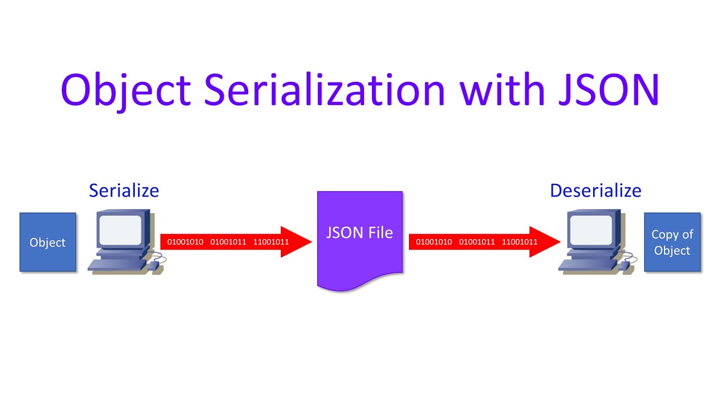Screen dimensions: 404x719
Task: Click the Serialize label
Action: pyautogui.click(x=124, y=191)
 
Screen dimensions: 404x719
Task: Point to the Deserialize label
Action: pyautogui.click(x=595, y=191)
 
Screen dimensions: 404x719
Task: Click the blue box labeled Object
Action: pyautogui.click(x=48, y=242)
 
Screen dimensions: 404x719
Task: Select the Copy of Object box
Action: pyautogui.click(x=672, y=242)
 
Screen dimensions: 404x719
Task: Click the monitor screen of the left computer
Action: pyautogui.click(x=120, y=231)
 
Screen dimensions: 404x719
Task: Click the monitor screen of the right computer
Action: pyautogui.click(x=590, y=231)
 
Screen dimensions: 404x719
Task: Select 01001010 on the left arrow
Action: pyautogui.click(x=185, y=242)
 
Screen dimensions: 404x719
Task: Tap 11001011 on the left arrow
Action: pyautogui.click(x=271, y=242)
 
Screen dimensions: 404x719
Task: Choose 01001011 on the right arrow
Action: pyautogui.click(x=477, y=242)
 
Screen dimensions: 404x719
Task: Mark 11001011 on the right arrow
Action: pyautogui.click(x=520, y=242)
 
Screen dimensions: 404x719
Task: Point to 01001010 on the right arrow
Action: pyautogui.click(x=434, y=242)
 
